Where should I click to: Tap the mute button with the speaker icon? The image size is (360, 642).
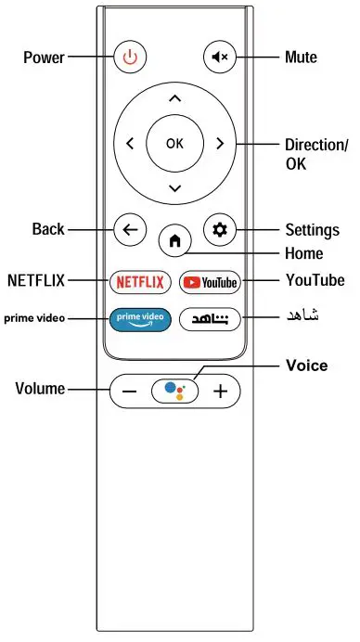tap(220, 58)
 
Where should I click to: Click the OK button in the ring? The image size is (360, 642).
tap(174, 143)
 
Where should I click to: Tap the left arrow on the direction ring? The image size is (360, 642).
tap(130, 144)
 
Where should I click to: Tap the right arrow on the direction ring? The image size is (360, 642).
tap(220, 144)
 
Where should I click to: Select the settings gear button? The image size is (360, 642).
tap(220, 230)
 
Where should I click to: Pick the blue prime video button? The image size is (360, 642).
tap(140, 318)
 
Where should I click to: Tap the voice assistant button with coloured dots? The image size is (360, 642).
tap(174, 390)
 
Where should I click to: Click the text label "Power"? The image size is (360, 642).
tap(44, 58)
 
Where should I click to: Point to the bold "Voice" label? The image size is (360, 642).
tap(306, 366)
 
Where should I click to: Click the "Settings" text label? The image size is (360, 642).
tap(311, 230)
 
